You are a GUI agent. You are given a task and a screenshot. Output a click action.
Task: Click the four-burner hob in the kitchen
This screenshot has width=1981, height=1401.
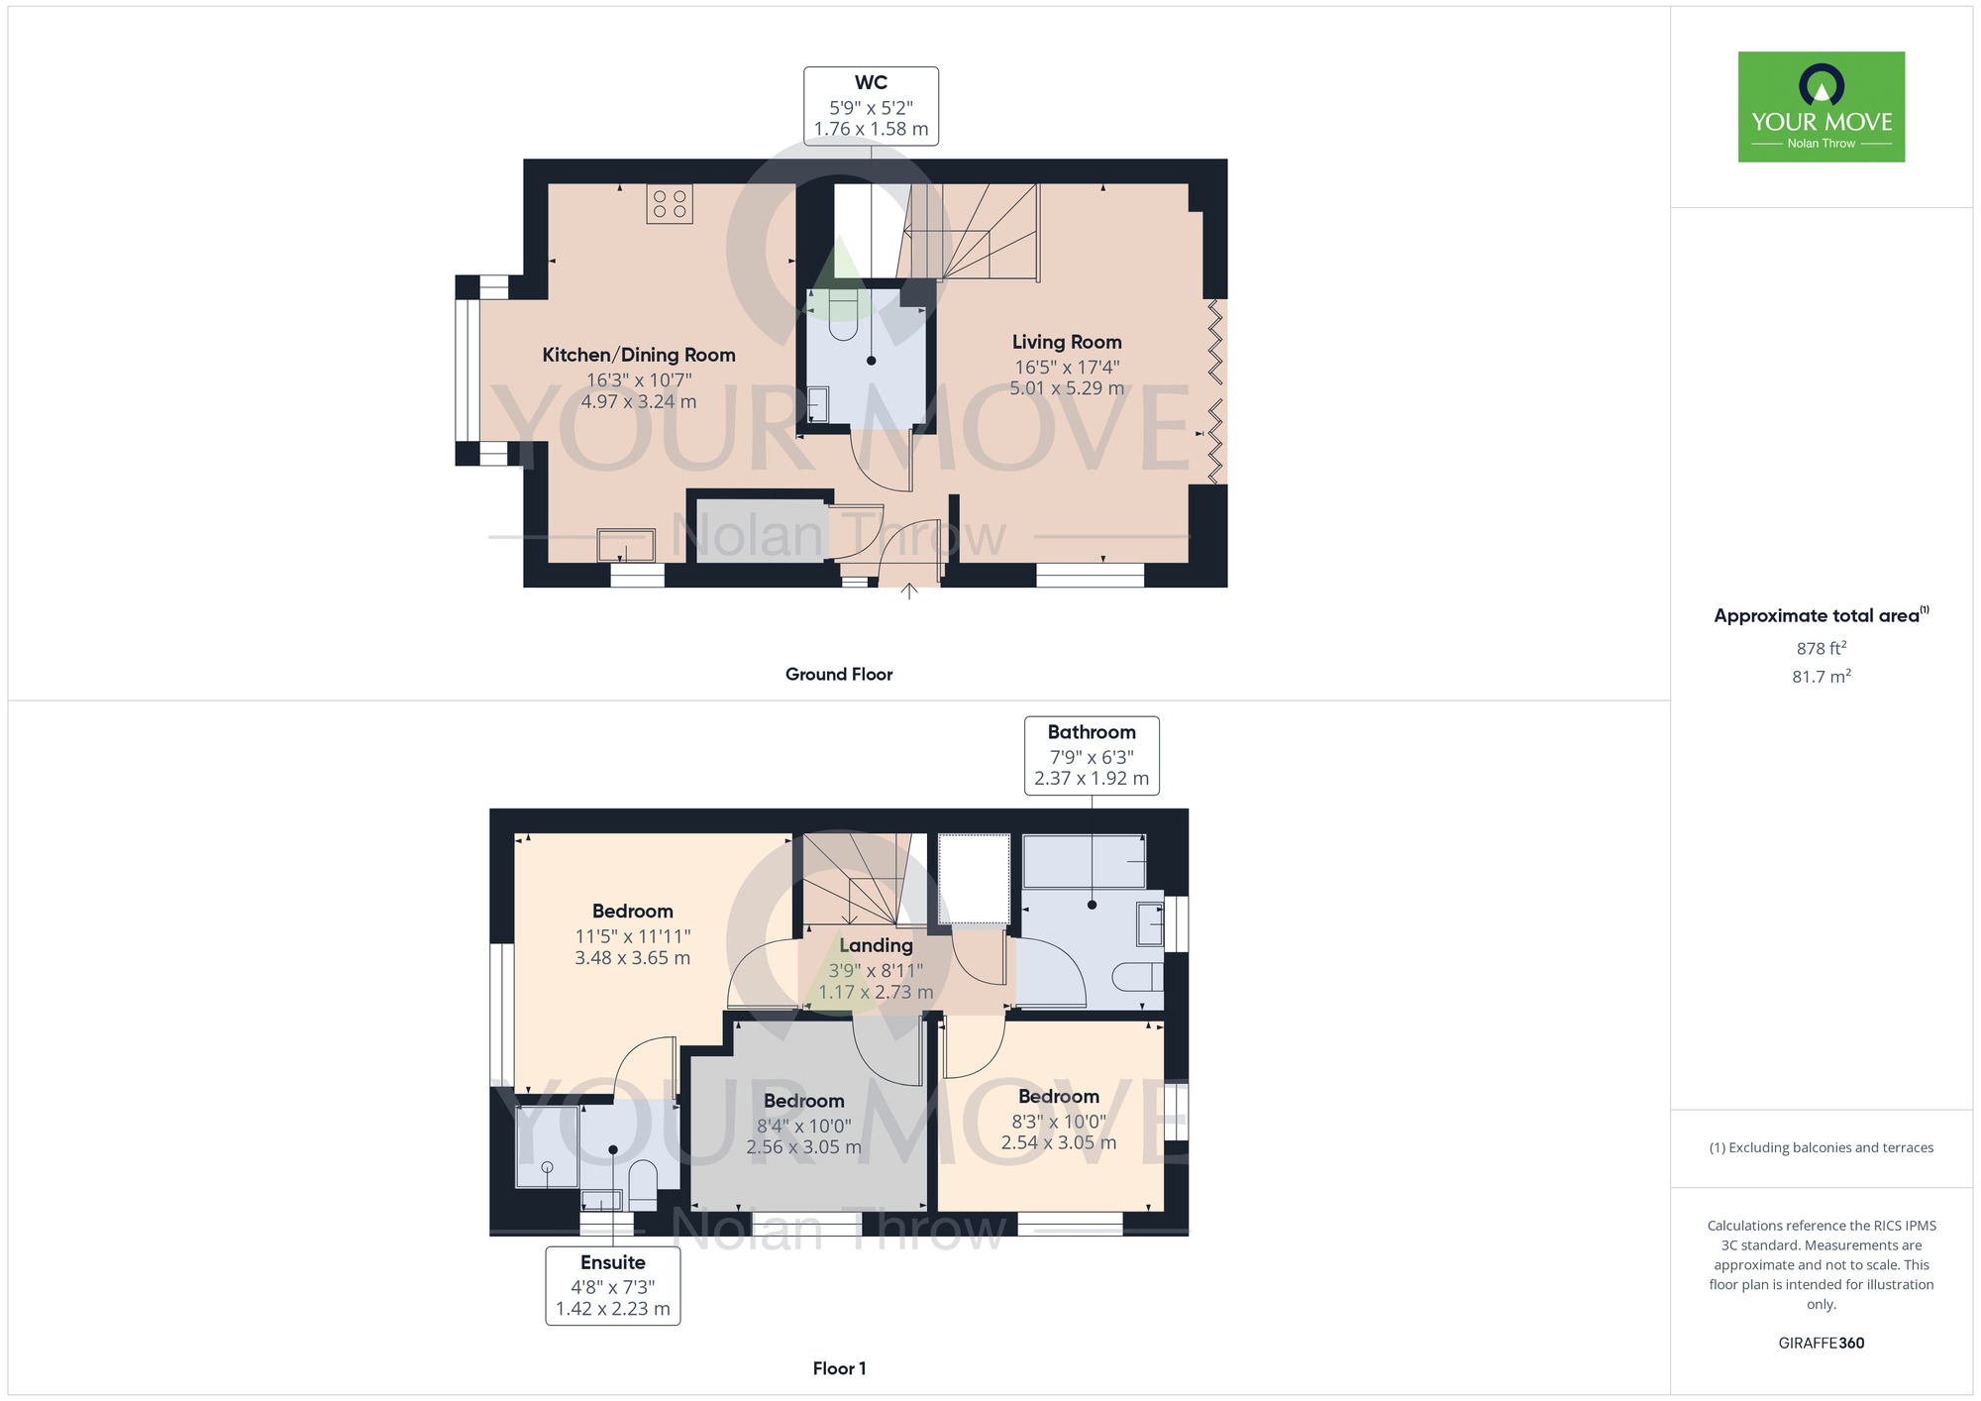[x=670, y=204]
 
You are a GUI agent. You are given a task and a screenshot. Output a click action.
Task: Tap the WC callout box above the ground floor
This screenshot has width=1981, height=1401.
[x=871, y=106]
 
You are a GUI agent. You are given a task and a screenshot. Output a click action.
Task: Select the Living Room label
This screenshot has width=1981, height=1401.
[x=1067, y=342]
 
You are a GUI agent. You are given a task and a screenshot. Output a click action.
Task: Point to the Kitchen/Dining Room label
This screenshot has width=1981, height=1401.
[x=639, y=355]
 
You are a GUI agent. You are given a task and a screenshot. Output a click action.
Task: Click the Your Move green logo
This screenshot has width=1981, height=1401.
[x=1822, y=107]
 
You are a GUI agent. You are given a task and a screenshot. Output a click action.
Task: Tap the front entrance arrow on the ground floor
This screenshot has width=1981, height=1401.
[x=909, y=592]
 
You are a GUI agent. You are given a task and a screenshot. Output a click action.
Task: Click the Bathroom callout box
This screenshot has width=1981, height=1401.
[x=1092, y=755]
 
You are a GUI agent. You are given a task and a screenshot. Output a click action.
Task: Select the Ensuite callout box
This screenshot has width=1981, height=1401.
[x=613, y=1285]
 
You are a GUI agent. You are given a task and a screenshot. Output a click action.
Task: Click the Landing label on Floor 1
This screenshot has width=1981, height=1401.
[x=876, y=945]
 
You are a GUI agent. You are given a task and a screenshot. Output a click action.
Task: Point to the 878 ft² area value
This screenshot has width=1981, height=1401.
[x=1822, y=648]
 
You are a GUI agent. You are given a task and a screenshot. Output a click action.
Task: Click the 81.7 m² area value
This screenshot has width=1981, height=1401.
[x=1822, y=676]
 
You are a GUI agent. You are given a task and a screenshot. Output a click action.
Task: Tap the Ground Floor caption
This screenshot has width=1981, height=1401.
[x=839, y=674]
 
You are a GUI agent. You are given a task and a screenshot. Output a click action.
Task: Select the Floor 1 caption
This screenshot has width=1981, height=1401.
[x=839, y=1368]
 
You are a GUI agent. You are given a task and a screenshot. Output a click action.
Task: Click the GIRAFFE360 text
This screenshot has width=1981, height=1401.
[x=1822, y=1344]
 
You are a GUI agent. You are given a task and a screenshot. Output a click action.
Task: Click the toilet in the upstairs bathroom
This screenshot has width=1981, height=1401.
[x=1138, y=978]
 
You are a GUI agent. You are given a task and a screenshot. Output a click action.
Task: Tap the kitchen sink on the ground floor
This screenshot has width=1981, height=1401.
[x=626, y=546]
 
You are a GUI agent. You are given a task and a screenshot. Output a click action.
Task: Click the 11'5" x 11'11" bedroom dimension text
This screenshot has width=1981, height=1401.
[x=633, y=936]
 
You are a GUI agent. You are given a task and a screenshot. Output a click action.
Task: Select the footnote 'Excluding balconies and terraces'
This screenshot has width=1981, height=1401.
[x=1822, y=1147]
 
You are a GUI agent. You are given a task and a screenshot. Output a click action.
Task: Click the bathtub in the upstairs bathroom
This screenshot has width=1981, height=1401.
[x=1084, y=861]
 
